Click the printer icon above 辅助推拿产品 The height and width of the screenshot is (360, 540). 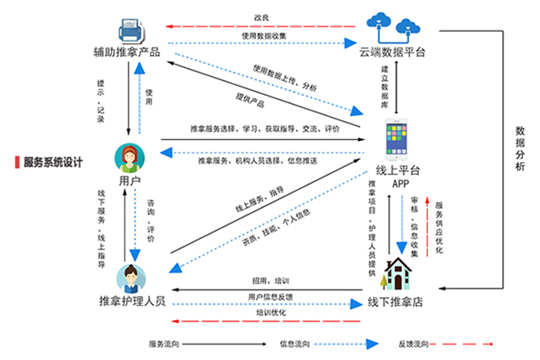coord(132,30)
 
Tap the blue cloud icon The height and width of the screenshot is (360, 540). coord(392,27)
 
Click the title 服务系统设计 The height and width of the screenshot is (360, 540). coord(53,162)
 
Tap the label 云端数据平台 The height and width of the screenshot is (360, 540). coord(393,53)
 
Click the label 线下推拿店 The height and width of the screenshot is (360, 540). coord(396,302)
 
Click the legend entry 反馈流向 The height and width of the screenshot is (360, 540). coord(412,344)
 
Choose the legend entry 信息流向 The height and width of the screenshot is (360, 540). coord(292,344)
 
